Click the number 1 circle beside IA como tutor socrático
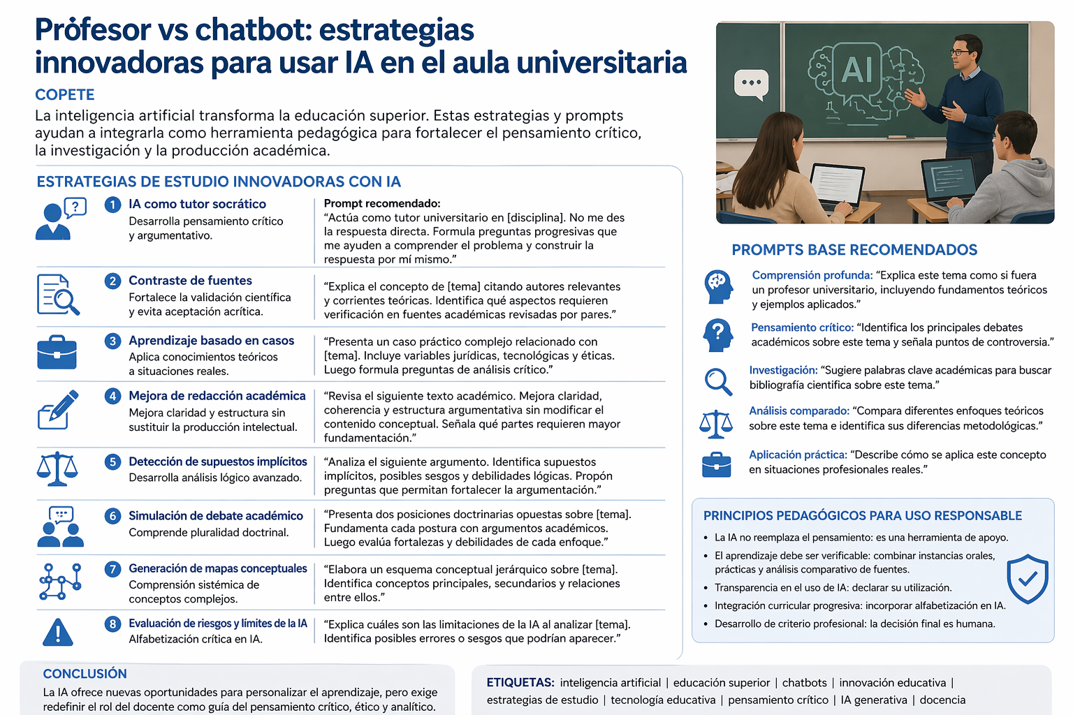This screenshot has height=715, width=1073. click(x=112, y=205)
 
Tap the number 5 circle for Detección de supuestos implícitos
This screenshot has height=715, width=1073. click(x=112, y=462)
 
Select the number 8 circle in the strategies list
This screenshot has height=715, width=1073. click(x=112, y=624)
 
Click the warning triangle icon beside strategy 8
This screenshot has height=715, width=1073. click(x=58, y=632)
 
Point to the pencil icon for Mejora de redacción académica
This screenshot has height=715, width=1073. click(x=58, y=410)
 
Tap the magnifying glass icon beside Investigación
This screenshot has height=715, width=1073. click(x=717, y=381)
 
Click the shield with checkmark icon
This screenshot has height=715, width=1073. click(x=1027, y=579)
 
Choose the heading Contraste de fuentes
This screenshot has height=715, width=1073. click(x=190, y=281)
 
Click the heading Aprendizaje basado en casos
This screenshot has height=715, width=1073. click(x=211, y=341)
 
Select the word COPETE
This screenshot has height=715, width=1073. click(x=65, y=95)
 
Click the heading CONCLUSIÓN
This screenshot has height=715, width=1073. click(x=85, y=674)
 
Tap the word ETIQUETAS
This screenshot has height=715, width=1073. click(x=520, y=683)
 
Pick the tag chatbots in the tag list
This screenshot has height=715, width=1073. click(x=804, y=683)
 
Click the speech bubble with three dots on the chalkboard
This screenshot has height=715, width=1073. click(x=751, y=83)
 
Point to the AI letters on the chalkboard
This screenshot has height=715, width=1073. click(x=856, y=70)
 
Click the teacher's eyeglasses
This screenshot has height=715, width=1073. click(x=961, y=52)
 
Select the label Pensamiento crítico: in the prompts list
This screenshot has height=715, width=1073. click(x=802, y=327)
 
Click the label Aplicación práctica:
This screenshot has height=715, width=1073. click(x=798, y=455)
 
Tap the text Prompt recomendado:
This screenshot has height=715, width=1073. click(x=382, y=204)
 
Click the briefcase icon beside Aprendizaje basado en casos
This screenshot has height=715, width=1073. click(x=57, y=353)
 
